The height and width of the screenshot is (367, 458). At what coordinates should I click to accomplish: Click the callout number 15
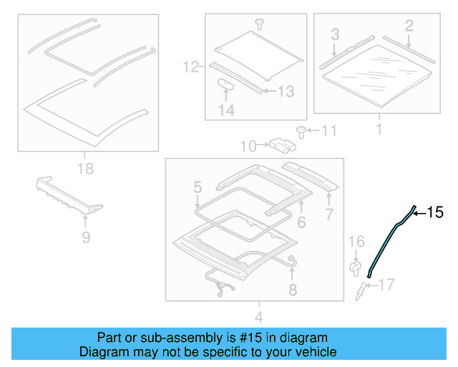[436, 213]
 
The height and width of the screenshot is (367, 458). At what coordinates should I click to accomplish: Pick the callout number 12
[190, 68]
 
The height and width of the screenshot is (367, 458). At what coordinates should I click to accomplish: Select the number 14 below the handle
[226, 110]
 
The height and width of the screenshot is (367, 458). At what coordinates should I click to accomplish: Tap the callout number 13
[286, 91]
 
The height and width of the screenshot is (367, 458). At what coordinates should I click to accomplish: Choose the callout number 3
[334, 34]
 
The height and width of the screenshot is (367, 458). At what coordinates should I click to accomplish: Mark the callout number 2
[409, 27]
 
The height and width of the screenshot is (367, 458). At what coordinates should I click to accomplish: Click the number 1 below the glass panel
[379, 130]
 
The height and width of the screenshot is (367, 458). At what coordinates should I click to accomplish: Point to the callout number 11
[328, 130]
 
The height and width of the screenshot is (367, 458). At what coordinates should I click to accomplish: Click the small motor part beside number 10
[281, 146]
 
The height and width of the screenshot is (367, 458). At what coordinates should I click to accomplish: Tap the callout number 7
[330, 214]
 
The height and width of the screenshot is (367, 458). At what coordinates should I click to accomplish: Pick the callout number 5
[197, 189]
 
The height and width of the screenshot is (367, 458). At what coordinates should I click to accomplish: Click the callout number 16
[356, 244]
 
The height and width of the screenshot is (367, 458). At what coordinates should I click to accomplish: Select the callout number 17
[386, 285]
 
